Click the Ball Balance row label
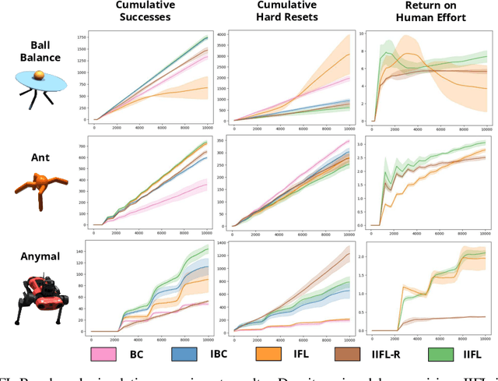pos(39,51)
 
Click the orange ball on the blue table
pos(41,73)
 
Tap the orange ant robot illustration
pos(40,188)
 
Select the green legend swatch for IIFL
pos(438,355)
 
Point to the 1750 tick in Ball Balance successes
pos(81,37)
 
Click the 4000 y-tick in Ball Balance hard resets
pos(221,35)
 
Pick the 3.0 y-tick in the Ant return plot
pos(363,144)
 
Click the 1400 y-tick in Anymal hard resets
pos(221,245)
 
